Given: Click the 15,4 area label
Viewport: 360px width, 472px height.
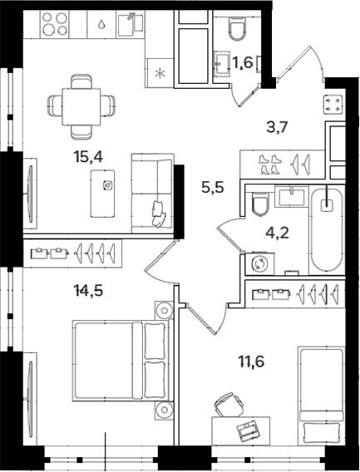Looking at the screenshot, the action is pos(88,157).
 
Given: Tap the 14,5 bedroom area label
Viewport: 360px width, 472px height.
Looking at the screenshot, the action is pos(88,291).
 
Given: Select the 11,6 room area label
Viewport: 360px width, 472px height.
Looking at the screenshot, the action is pos(252,361).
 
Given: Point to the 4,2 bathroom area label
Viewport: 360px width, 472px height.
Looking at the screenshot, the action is pos(277,233).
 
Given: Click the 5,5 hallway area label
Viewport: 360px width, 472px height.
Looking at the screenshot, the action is pos(213,188).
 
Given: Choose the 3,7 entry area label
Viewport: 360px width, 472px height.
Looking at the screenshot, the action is pos(278,127).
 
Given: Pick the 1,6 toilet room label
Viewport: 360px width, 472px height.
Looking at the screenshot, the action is pos(243,62).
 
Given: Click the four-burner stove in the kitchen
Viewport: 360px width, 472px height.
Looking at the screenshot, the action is pos(55,24).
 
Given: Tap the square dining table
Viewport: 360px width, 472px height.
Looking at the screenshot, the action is pos(81,106).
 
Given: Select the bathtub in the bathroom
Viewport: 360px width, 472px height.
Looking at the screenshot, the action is pos(327,229).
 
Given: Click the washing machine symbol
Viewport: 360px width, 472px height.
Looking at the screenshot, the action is pos(259,264).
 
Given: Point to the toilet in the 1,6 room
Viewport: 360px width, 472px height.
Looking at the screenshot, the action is pos(238,29).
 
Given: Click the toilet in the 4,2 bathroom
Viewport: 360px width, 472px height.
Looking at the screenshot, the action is pos(260,204).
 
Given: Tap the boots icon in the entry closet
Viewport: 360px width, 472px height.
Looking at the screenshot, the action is pos(270,165).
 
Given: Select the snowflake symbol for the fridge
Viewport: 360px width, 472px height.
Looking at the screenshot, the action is pos(160,73).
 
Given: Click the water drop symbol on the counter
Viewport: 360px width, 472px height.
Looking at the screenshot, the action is pos(101,24).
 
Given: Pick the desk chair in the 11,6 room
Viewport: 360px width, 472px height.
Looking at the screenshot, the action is pos(229,405).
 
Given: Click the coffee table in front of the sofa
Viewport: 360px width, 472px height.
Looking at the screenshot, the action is pos(102,194).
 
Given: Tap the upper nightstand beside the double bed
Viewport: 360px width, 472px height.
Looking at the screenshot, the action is pos(164,310).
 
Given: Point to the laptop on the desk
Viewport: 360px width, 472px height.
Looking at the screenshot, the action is pos(248,430).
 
